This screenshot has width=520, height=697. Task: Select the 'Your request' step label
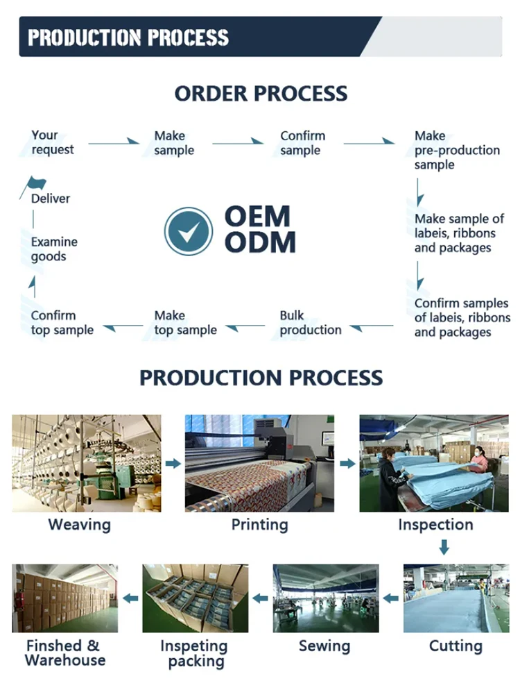[x=52, y=142]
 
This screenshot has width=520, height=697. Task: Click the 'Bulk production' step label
[x=310, y=323]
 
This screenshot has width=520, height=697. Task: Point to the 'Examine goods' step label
[x=54, y=249]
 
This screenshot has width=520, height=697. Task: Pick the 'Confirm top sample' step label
[x=62, y=323]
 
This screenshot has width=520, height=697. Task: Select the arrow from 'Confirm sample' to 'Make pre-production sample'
[x=369, y=143]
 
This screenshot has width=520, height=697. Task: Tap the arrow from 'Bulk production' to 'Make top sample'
[x=245, y=326]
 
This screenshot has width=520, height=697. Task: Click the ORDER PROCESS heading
[x=261, y=93]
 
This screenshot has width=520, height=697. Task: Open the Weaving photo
[x=86, y=463]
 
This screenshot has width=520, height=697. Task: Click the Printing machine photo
[x=259, y=463]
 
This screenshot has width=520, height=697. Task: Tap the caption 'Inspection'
[x=435, y=525]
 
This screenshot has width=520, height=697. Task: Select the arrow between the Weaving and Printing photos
[x=173, y=463]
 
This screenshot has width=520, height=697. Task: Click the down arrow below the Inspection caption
[x=444, y=548]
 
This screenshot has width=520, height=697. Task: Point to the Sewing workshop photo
[x=326, y=598]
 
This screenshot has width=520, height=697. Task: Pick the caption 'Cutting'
[x=455, y=646]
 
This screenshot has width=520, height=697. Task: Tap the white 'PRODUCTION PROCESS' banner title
[x=128, y=37]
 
